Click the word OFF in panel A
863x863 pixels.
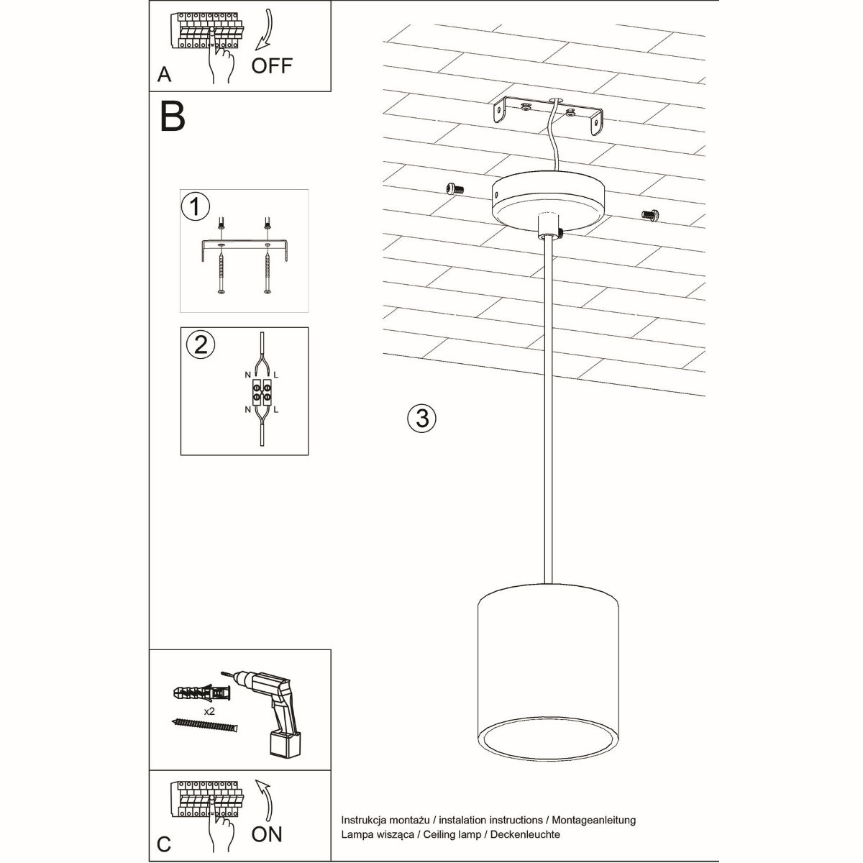click(272, 65)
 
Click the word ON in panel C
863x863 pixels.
click(267, 834)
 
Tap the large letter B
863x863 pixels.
click(173, 117)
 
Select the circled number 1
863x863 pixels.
click(195, 207)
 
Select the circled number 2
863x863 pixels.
click(200, 344)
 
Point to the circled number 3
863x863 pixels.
click(421, 418)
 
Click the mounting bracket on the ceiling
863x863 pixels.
click(549, 115)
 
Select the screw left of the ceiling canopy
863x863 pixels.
click(453, 188)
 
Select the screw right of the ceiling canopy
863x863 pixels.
click(650, 214)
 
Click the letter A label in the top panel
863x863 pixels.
click(165, 75)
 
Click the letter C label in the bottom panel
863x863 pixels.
click(164, 844)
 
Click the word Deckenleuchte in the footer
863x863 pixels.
click(526, 834)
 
